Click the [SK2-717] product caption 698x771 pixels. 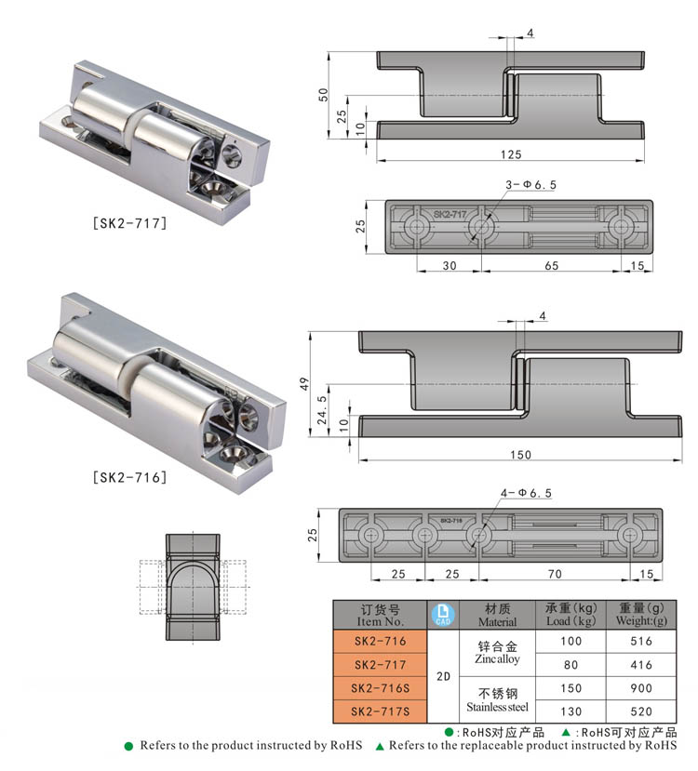(x=129, y=222)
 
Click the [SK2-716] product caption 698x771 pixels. (x=129, y=477)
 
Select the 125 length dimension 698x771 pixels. (x=510, y=153)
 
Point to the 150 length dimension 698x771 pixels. (x=520, y=454)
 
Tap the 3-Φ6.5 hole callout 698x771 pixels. (x=530, y=185)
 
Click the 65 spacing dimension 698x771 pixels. (x=551, y=265)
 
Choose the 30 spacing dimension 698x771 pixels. (x=449, y=265)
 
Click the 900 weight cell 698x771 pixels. (x=640, y=688)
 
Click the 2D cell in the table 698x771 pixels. (x=443, y=677)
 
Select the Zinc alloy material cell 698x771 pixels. (x=497, y=652)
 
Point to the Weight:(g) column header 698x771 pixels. (x=640, y=615)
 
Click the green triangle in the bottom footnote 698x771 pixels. (x=380, y=746)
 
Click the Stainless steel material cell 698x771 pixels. (x=497, y=699)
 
